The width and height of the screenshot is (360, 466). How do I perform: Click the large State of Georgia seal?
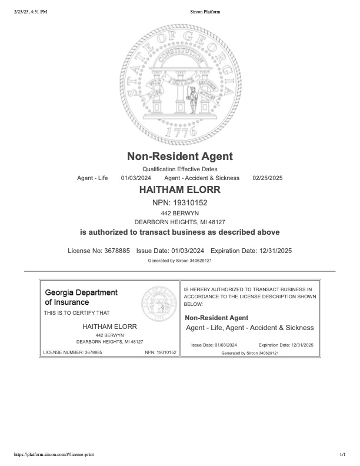(x=180, y=82)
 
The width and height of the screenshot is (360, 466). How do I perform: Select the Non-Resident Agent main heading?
(x=180, y=157)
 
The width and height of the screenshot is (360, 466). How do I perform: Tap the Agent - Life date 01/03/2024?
(x=136, y=178)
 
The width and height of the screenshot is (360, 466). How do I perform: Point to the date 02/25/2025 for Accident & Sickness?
(x=268, y=178)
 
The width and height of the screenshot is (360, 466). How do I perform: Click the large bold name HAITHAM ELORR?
(x=180, y=190)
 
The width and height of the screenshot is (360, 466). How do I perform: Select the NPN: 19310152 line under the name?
(x=180, y=203)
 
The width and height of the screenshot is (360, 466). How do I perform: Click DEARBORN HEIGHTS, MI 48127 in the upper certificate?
(x=180, y=222)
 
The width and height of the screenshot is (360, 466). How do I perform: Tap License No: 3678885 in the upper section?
(x=99, y=251)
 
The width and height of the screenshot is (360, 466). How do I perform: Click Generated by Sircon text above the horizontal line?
(x=180, y=260)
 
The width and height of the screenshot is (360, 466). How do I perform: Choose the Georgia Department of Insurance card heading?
(x=81, y=297)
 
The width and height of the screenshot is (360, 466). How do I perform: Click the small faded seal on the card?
(x=159, y=305)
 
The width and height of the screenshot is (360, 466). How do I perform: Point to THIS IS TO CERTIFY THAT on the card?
(x=76, y=312)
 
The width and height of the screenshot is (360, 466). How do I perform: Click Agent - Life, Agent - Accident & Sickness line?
(x=249, y=328)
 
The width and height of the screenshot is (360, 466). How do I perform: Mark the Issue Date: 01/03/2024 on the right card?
(x=214, y=345)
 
